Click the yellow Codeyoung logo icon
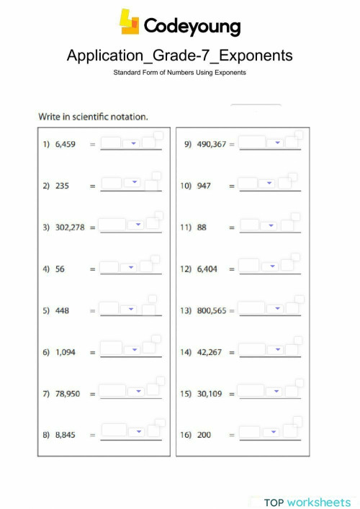tap(130, 22)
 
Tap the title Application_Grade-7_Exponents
tap(179, 55)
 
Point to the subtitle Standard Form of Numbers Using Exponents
tap(179, 73)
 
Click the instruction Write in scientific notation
tap(93, 116)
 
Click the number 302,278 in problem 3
tap(70, 227)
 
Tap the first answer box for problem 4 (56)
tap(109, 268)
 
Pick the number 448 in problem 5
tap(63, 310)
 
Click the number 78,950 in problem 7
tap(68, 393)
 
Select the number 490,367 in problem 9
tap(210, 144)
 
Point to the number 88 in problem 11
tap(202, 227)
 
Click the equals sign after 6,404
tap(232, 269)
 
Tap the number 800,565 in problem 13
tap(211, 310)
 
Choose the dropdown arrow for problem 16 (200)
tap(271, 433)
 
